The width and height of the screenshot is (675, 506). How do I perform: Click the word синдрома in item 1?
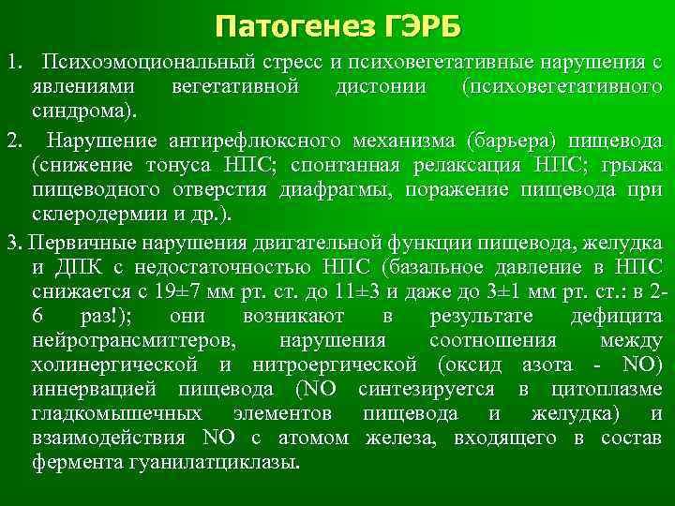(81, 112)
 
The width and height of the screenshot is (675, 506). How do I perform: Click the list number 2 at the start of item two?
(11, 142)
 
